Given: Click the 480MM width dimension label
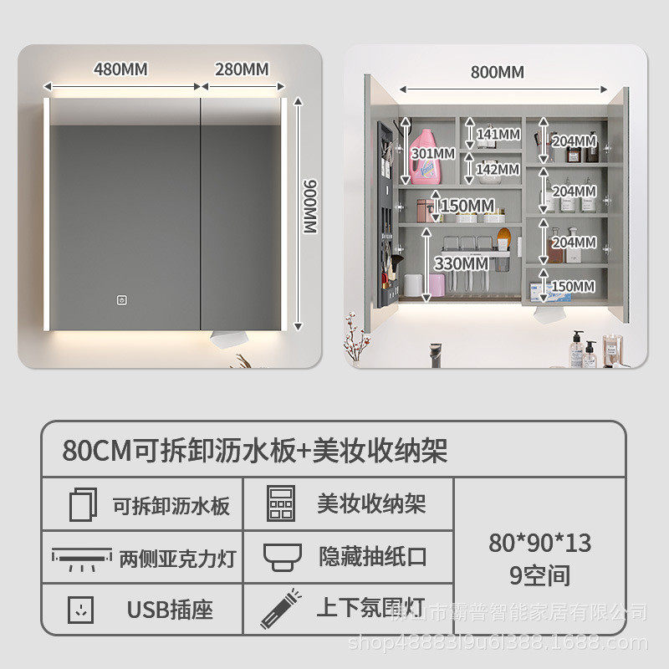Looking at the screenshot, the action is click(120, 69).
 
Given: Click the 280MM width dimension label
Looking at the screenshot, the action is click(242, 69).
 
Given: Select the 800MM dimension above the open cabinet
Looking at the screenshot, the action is click(498, 72).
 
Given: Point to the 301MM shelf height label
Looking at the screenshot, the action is click(432, 153).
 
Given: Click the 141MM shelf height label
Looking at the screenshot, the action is click(498, 134).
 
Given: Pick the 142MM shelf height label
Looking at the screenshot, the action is click(498, 169).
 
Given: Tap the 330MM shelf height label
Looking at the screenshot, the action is click(460, 263).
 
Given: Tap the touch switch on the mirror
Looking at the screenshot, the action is click(121, 302).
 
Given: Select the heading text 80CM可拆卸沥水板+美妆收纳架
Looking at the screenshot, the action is click(255, 451).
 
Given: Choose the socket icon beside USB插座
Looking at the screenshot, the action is click(82, 609).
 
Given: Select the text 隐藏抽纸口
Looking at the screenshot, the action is click(372, 556).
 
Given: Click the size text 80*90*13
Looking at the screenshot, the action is click(539, 543).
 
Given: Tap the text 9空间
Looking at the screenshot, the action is click(539, 575).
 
